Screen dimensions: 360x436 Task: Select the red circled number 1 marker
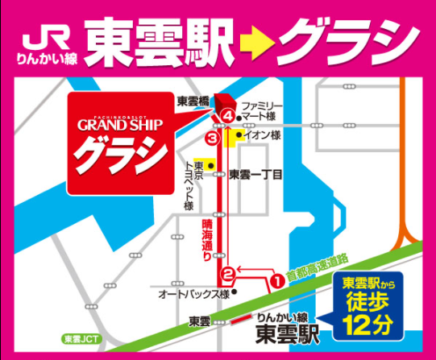[x=276, y=280]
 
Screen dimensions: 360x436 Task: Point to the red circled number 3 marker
[x=212, y=139]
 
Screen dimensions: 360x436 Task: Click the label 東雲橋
[x=193, y=101]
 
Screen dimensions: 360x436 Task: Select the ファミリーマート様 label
[x=262, y=111]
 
